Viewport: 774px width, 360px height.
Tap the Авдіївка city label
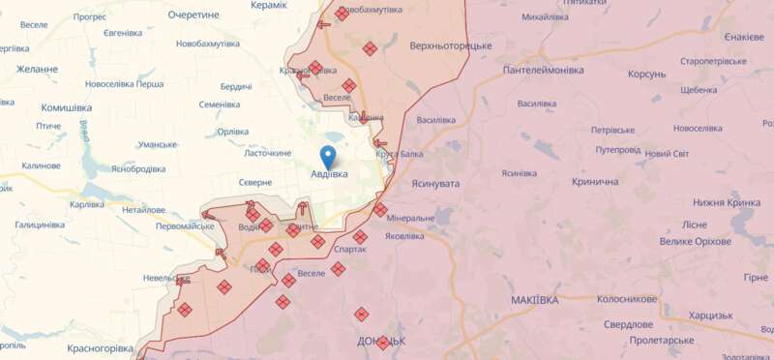pos(330,175)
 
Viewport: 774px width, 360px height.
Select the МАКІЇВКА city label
pos(534,300)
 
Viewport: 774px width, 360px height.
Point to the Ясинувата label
pos(433,183)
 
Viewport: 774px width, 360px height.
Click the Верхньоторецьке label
pos(451,45)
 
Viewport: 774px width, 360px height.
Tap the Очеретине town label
pos(193,15)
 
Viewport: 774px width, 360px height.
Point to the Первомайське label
pos(185,225)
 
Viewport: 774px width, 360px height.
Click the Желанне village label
pos(37,70)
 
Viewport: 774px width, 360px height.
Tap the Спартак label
pos(349,249)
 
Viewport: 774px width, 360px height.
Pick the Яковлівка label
pos(404,235)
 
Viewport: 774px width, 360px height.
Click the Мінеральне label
pos(417,218)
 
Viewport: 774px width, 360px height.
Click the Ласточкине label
pos(268,153)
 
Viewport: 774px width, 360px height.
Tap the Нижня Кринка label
pos(728,202)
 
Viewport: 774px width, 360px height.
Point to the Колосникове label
pos(627,299)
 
